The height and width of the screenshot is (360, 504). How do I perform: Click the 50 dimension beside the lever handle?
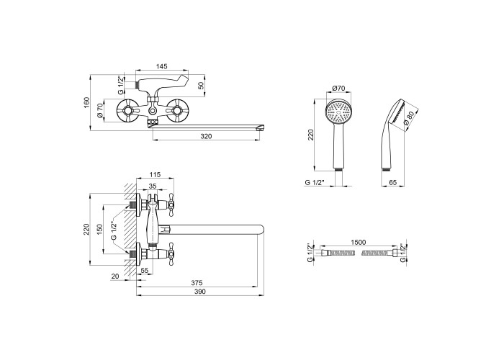(201, 86)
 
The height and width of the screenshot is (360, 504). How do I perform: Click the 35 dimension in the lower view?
(153, 186)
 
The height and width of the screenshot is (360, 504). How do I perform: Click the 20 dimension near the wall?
(116, 276)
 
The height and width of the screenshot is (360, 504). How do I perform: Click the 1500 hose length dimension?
(357, 243)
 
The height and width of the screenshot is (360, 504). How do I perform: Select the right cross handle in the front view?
(176, 112)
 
